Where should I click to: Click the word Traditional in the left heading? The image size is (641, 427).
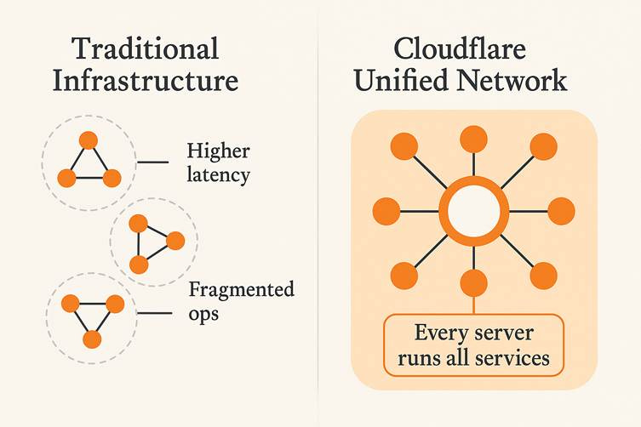coord(145,48)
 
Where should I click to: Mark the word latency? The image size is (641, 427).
coord(218,176)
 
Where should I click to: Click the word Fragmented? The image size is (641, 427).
coord(241,290)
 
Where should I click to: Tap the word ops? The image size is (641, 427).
coord(203,313)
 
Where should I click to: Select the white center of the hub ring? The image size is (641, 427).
coord(472,211)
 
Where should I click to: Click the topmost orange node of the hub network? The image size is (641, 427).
coord(473,139)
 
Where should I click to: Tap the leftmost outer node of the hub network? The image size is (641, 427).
coord(387,211)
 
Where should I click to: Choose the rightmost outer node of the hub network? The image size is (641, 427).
coord(561,211)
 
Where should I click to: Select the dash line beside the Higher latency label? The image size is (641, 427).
coord(153,162)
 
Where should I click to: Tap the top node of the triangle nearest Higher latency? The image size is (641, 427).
coord(88,140)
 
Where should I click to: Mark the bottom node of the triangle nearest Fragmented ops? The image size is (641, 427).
coord(93,339)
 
